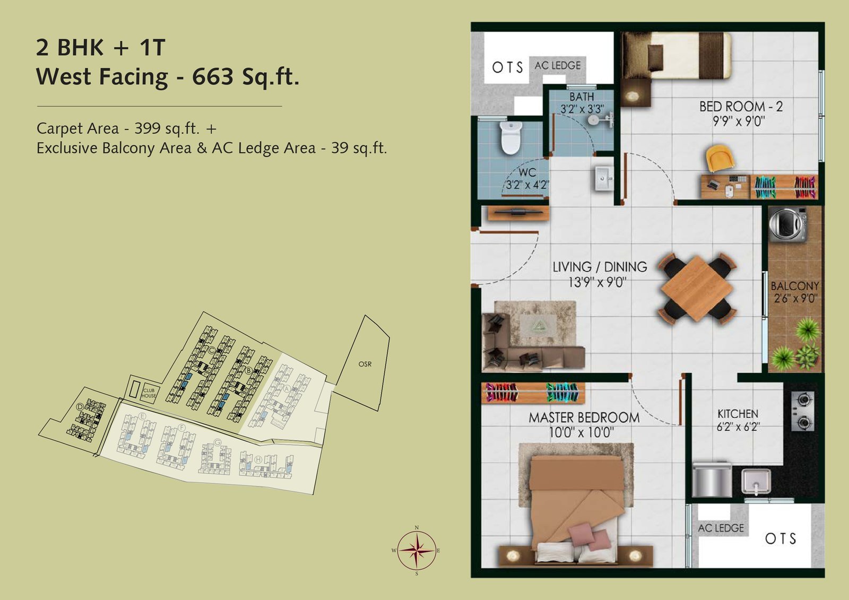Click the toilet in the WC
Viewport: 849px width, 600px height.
[510, 137]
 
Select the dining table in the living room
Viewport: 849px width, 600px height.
[696, 289]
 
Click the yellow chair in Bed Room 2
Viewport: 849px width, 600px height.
[720, 159]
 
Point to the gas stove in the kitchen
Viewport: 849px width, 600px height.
[802, 411]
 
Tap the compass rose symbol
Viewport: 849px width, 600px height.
[417, 550]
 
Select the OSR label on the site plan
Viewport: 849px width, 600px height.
[365, 364]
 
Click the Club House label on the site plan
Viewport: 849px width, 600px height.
[149, 393]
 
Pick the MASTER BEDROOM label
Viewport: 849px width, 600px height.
[584, 418]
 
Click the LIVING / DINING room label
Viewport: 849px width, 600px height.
[600, 267]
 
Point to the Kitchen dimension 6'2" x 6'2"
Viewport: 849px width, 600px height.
[738, 427]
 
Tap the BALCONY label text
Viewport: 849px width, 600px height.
[794, 286]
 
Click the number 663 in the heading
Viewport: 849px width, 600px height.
[213, 77]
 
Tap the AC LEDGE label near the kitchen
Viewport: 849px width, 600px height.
[721, 528]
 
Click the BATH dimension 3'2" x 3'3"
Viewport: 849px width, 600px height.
[582, 109]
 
